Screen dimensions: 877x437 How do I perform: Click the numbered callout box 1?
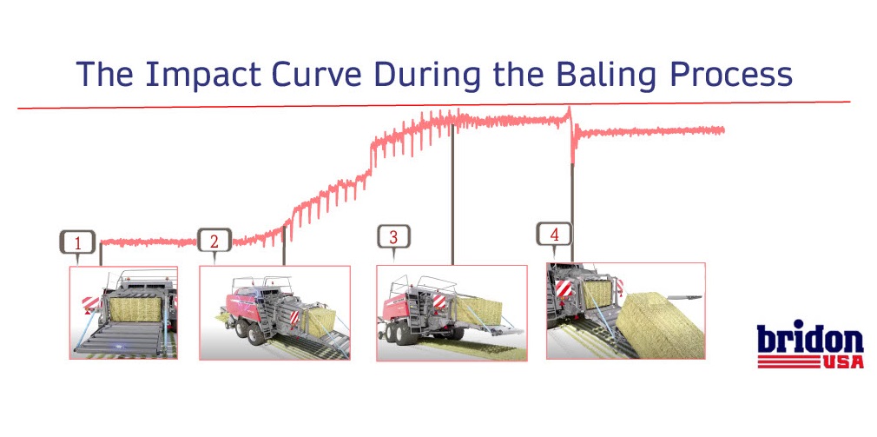coord(78,243)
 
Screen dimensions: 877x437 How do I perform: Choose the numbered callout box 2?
coord(214,242)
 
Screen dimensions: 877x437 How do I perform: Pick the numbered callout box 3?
coord(393,237)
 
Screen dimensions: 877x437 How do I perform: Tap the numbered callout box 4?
coord(554,235)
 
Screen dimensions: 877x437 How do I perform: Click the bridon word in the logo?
coord(810,337)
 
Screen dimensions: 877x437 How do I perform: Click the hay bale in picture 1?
coord(135,309)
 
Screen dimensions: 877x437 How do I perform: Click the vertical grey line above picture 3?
coord(452,194)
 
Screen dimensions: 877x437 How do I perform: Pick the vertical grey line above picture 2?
coord(284,245)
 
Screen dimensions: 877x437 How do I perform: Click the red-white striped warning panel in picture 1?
coord(89,305)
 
